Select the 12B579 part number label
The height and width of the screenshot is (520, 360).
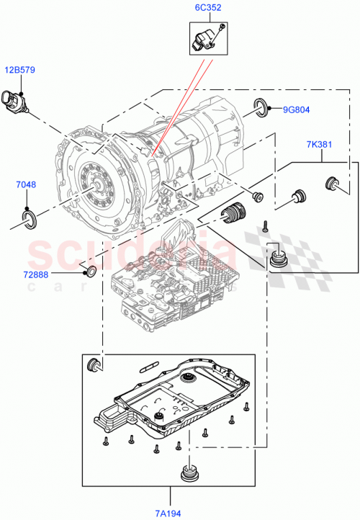tap(21, 70)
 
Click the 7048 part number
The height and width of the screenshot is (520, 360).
tap(25, 186)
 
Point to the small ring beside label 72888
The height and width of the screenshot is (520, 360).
tap(90, 272)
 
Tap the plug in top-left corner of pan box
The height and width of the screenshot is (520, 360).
tap(93, 364)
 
